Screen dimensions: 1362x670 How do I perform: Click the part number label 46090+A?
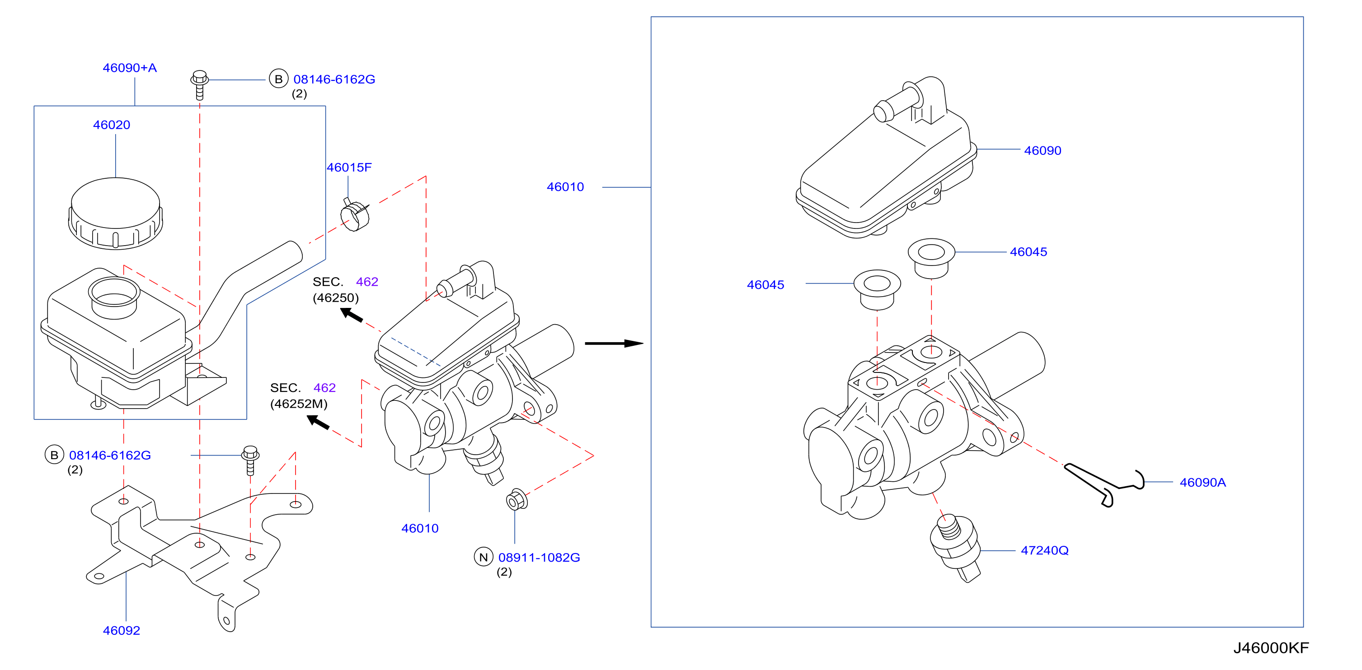pos(130,68)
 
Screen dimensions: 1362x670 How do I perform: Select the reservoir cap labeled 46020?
pos(115,214)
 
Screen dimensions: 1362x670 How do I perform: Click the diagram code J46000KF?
pos(1271,648)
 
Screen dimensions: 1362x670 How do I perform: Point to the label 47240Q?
pos(1044,551)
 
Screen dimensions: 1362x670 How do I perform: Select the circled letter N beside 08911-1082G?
pos(483,557)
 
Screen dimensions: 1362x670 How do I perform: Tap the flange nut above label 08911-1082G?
pos(517,500)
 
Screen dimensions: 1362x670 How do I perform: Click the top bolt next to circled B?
pos(199,84)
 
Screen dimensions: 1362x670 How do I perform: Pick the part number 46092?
pos(121,630)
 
